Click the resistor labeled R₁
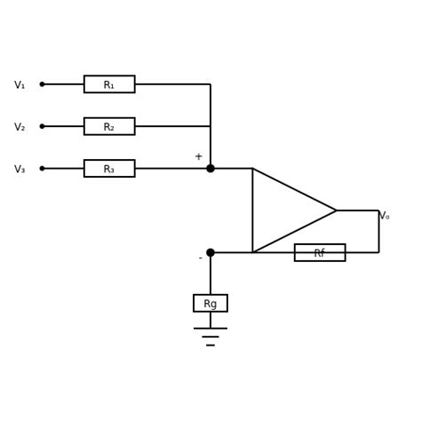(109, 84)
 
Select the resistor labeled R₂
(109, 126)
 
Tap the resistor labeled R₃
(109, 169)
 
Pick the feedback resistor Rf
(320, 253)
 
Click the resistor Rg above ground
(210, 304)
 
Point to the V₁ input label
(20, 85)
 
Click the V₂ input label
(20, 127)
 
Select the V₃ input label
(20, 170)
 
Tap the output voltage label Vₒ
(384, 216)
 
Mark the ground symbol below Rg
(210, 336)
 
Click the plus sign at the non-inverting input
(198, 157)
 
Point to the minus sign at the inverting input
(200, 258)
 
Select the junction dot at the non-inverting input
(210, 169)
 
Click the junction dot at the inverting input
(210, 253)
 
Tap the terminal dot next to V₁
(42, 84)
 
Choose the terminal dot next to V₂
(42, 126)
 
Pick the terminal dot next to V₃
(42, 169)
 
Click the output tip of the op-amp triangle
(336, 210)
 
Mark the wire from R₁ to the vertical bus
(173, 84)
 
